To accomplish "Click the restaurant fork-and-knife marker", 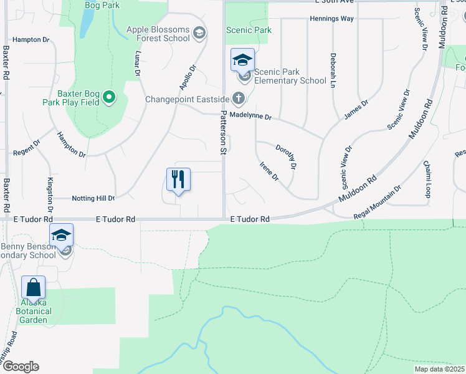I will pos(178,180).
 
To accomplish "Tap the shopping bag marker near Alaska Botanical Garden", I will pos(34,288).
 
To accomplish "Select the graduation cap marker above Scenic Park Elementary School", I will pos(242,60).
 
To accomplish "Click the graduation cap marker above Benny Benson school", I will pos(61,236).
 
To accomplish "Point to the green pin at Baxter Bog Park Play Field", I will pos(110,96).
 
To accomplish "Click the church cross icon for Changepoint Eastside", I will pos(238,98).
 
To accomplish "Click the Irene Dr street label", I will pos(269,171).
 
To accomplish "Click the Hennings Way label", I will pos(331,19).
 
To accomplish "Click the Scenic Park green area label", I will pos(249,30).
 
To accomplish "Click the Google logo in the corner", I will pos(20,367).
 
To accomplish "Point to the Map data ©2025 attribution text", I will pos(440,369).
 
